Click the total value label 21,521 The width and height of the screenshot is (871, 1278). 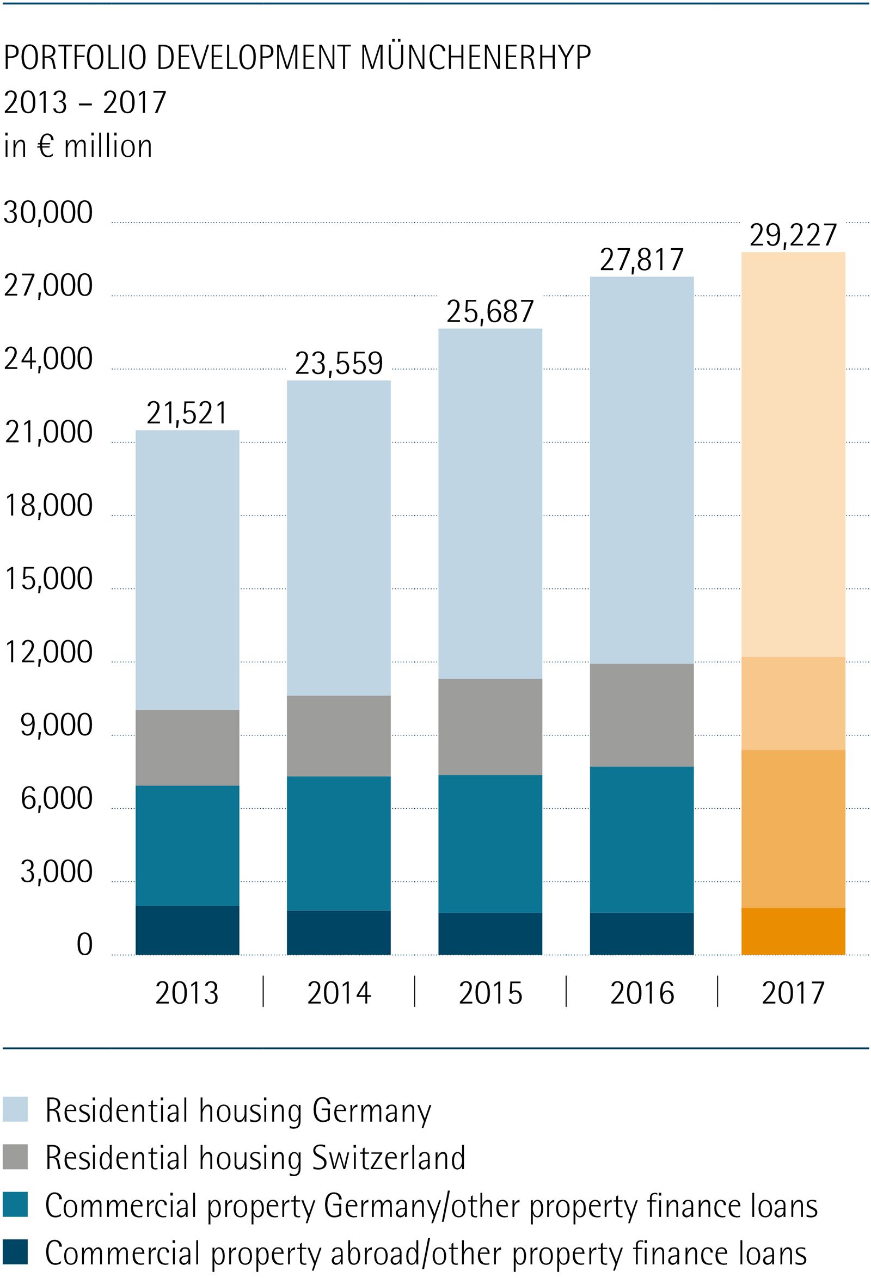[187, 413]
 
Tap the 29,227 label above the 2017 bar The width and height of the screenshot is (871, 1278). [793, 235]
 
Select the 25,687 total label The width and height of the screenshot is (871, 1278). [490, 312]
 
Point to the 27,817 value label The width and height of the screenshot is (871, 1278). [641, 260]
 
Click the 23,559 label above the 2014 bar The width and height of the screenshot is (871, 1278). [339, 364]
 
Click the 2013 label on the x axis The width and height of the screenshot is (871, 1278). [187, 993]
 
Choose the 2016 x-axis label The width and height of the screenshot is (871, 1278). [642, 993]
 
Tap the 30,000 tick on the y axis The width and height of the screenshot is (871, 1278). [48, 212]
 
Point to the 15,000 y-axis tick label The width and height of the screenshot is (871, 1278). [48, 579]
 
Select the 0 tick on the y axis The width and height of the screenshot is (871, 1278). [84, 945]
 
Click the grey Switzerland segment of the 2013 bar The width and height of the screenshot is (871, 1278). [187, 747]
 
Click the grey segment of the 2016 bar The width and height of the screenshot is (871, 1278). [642, 715]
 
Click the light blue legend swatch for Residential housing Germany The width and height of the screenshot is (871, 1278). [15, 1110]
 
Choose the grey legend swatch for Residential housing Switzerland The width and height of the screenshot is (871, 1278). [15, 1158]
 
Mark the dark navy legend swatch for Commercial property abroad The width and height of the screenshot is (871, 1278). [15, 1252]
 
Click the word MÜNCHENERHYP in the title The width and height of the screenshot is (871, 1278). [476, 58]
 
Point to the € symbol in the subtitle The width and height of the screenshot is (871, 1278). [46, 146]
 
